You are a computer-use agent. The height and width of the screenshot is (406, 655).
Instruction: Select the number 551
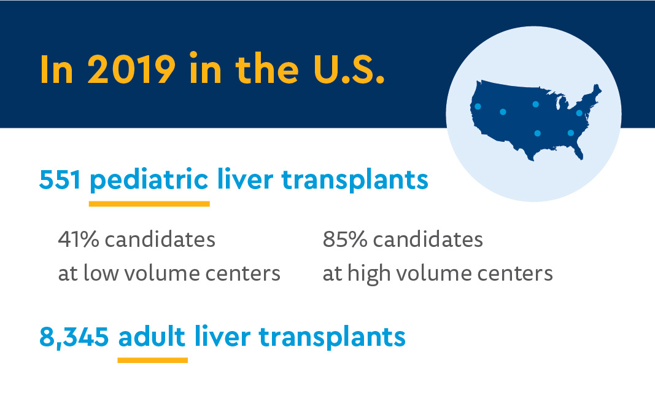click(60, 180)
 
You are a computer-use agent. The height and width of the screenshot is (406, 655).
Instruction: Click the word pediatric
click(149, 181)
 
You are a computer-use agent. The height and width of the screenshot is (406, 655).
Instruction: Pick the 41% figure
click(78, 240)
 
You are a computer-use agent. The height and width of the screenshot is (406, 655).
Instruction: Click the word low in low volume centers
click(101, 273)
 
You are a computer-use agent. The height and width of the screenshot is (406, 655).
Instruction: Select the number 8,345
click(74, 337)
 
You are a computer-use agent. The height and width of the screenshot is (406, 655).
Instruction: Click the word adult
click(152, 337)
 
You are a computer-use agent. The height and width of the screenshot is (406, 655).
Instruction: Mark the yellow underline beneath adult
click(152, 360)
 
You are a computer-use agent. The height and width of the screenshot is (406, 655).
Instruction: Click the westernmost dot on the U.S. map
click(478, 106)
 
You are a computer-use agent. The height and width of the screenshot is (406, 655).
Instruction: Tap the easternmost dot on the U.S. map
click(579, 113)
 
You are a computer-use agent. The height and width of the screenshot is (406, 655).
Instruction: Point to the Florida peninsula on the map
click(578, 150)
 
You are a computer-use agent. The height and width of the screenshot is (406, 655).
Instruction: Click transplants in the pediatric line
click(354, 181)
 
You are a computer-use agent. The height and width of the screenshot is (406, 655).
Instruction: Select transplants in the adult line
click(331, 337)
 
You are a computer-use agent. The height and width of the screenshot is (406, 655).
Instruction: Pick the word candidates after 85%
click(428, 240)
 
